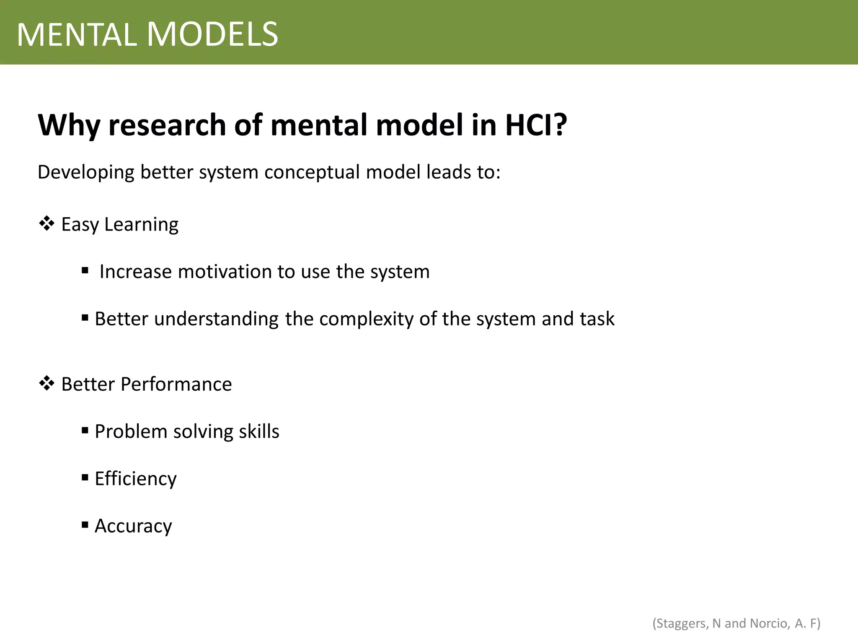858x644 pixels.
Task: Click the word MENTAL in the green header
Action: click(77, 34)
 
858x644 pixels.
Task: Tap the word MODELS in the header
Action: click(212, 34)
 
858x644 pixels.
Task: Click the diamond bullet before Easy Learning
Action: click(47, 223)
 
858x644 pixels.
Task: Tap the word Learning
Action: click(141, 225)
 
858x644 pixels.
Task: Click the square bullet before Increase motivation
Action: click(85, 270)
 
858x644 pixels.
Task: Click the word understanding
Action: click(216, 319)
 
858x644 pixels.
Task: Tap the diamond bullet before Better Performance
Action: click(47, 383)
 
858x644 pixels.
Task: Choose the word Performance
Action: click(176, 384)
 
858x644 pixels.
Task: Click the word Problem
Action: click(131, 431)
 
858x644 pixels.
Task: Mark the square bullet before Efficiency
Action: click(85, 477)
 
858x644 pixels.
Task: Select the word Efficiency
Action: click(136, 479)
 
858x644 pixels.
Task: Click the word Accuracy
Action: click(133, 526)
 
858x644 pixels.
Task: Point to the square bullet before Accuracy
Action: click(85, 525)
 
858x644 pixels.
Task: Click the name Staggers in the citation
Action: click(682, 623)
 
